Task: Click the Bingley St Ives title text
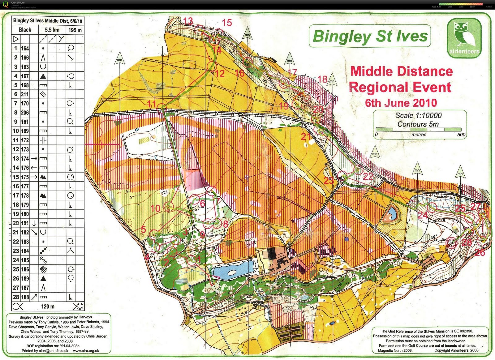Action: pos(370,36)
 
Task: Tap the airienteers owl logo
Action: pos(464,38)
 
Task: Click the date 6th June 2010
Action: pos(401,103)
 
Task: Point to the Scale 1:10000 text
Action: pos(418,115)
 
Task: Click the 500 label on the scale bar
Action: pos(461,135)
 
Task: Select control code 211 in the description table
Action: pos(25,94)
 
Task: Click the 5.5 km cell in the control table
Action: pos(52,30)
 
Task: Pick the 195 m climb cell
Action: pos(75,30)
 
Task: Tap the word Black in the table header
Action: pos(25,30)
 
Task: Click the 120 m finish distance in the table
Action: pos(48,306)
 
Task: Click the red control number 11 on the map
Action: pos(152,104)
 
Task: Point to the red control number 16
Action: pos(239,74)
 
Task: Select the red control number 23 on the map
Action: pos(329,180)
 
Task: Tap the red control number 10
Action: pos(155,208)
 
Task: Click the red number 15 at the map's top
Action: pos(227,23)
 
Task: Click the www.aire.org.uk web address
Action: pos(86,351)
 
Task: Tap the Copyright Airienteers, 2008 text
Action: pos(456,350)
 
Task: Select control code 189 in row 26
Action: pos(25,278)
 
